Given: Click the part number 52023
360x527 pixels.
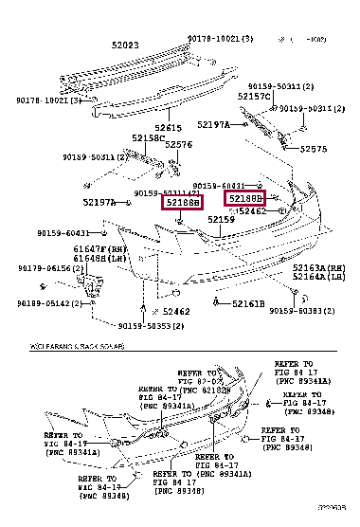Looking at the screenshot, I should tap(124, 45).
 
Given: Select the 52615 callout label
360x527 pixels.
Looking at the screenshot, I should tap(170, 127).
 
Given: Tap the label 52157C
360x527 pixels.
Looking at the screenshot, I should tap(255, 97).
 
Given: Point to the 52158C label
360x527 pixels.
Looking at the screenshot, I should tap(148, 137).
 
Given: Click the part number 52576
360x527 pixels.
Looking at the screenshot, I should tap(178, 145).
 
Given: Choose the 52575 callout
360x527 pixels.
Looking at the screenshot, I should tap(313, 149).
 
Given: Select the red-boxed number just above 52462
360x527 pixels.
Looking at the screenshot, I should tap(243, 198).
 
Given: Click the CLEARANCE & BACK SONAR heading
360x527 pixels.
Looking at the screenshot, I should tap(78, 347).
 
